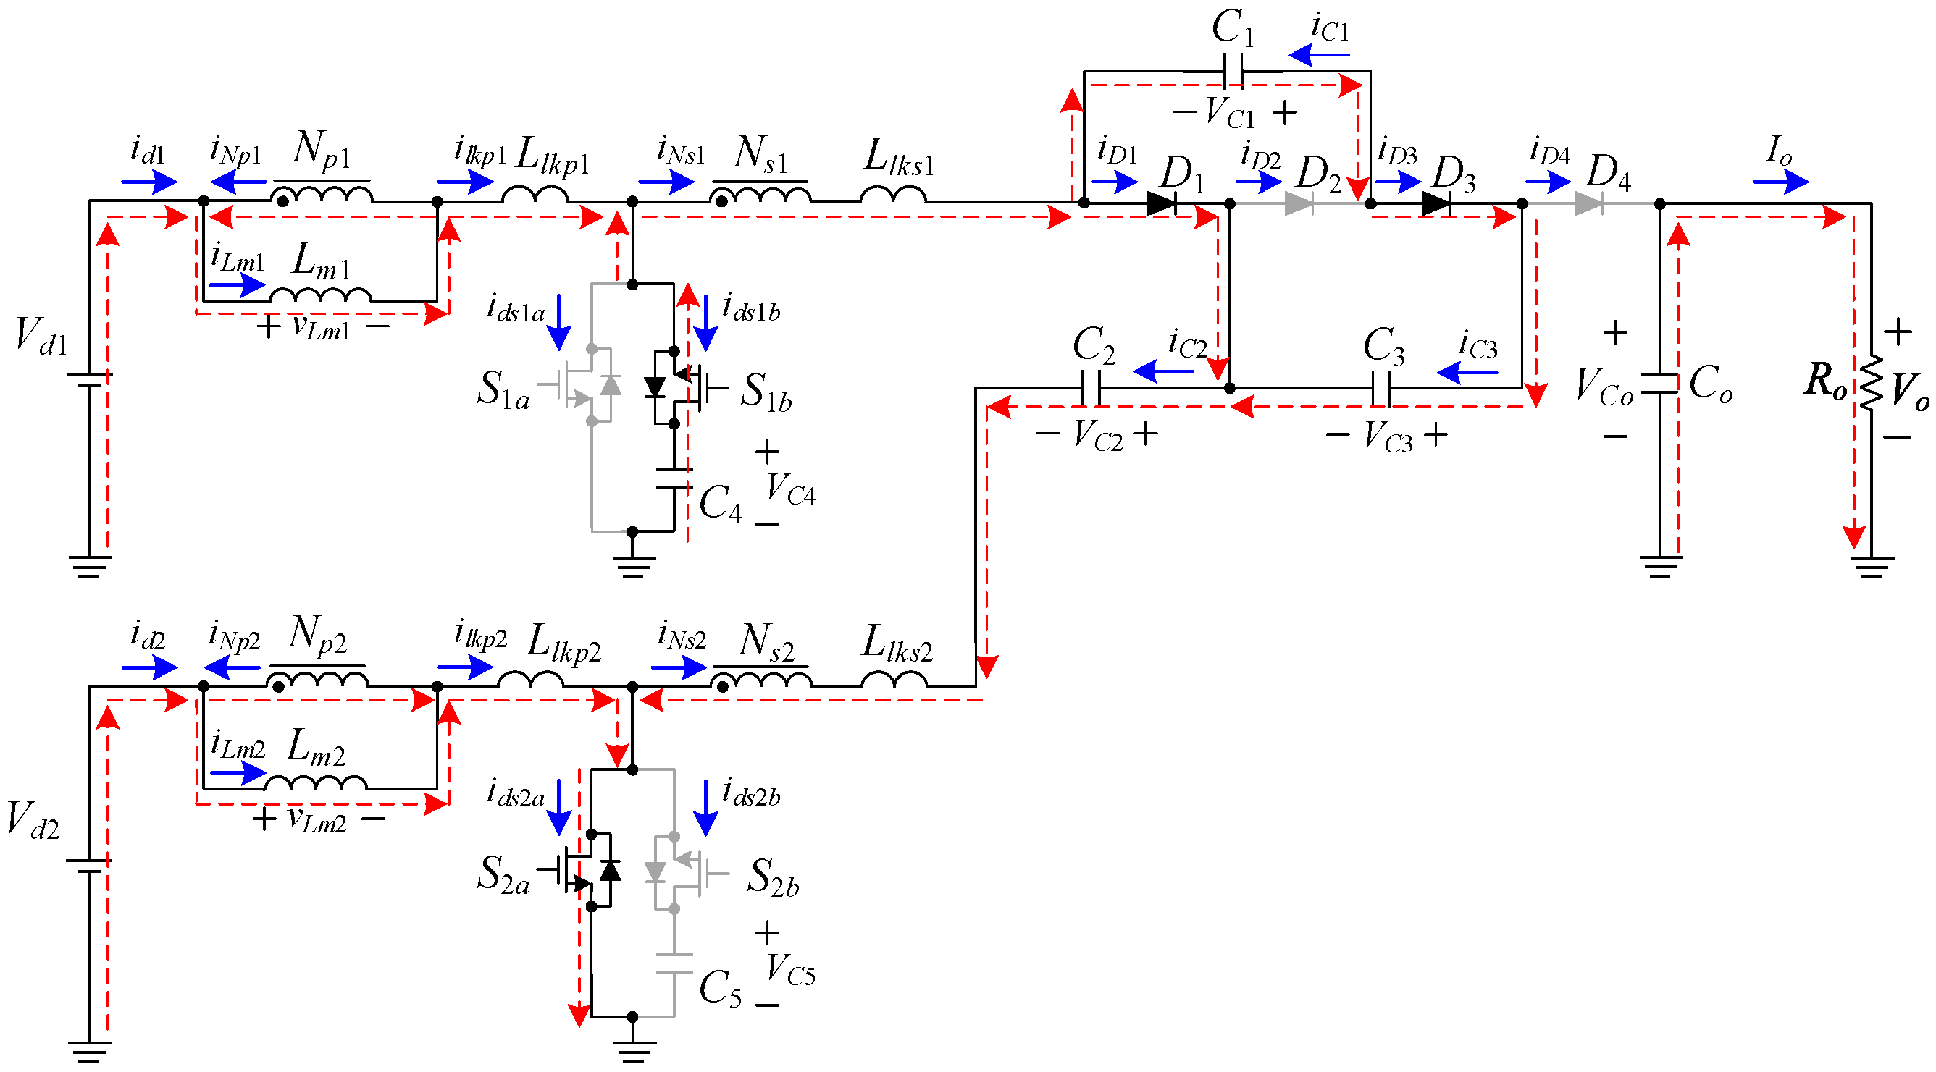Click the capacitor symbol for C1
[x=1233, y=72]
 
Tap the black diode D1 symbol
[x=1162, y=203]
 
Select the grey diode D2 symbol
[x=1299, y=203]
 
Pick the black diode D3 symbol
[x=1436, y=203]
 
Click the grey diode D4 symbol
[x=1589, y=203]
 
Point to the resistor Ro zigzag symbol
[x=1871, y=383]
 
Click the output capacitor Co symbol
[x=1660, y=383]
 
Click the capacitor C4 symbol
[x=674, y=478]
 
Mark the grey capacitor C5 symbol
[x=674, y=963]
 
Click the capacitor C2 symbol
[x=1090, y=389]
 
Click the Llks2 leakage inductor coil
[x=894, y=679]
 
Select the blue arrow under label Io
[x=1781, y=182]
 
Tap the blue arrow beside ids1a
[x=558, y=322]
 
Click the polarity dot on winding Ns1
[x=721, y=201]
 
